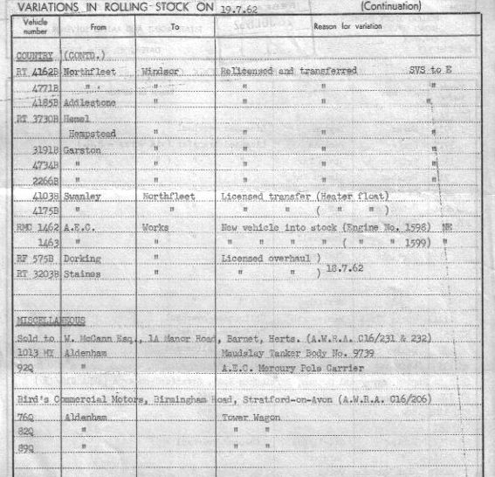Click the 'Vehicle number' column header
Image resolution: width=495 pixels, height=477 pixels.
pos(36,27)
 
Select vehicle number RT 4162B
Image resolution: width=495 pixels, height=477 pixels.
pos(38,71)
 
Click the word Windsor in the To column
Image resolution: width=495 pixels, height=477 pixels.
pos(158,71)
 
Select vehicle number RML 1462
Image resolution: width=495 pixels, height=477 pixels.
pos(38,229)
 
